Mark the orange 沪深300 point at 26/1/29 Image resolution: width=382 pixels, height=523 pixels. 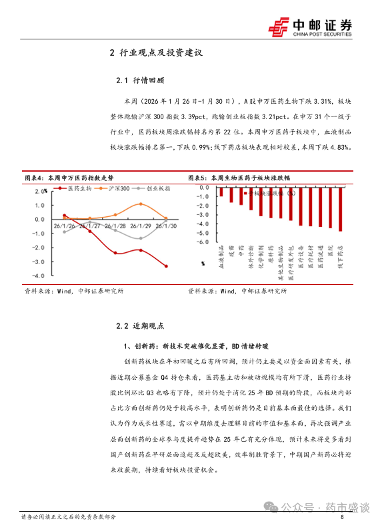(x=140, y=204)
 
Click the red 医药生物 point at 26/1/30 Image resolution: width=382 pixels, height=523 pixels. (x=166, y=266)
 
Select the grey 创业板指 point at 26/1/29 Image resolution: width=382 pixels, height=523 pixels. (x=140, y=238)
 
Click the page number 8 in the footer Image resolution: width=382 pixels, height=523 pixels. (x=342, y=516)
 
